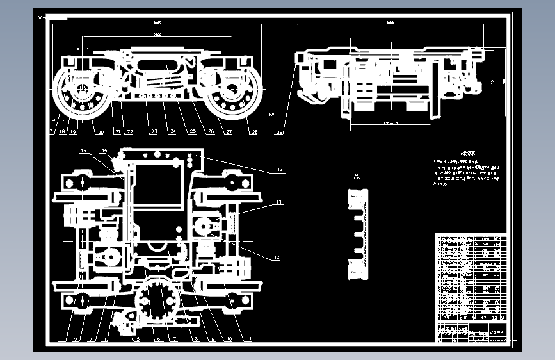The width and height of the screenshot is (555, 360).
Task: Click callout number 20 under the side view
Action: tap(99, 133)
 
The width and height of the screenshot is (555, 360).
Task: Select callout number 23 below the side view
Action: tap(154, 133)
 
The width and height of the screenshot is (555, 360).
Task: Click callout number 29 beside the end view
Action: tap(280, 133)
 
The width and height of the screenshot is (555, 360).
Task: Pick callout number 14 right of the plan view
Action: tap(280, 170)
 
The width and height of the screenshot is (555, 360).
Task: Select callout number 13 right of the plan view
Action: tap(278, 202)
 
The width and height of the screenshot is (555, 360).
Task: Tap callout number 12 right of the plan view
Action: tap(277, 258)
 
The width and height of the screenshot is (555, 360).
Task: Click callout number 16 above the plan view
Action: tap(83, 151)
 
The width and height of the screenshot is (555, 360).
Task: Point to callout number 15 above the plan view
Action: tap(104, 151)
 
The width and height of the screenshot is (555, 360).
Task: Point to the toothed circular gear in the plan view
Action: tap(157, 302)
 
